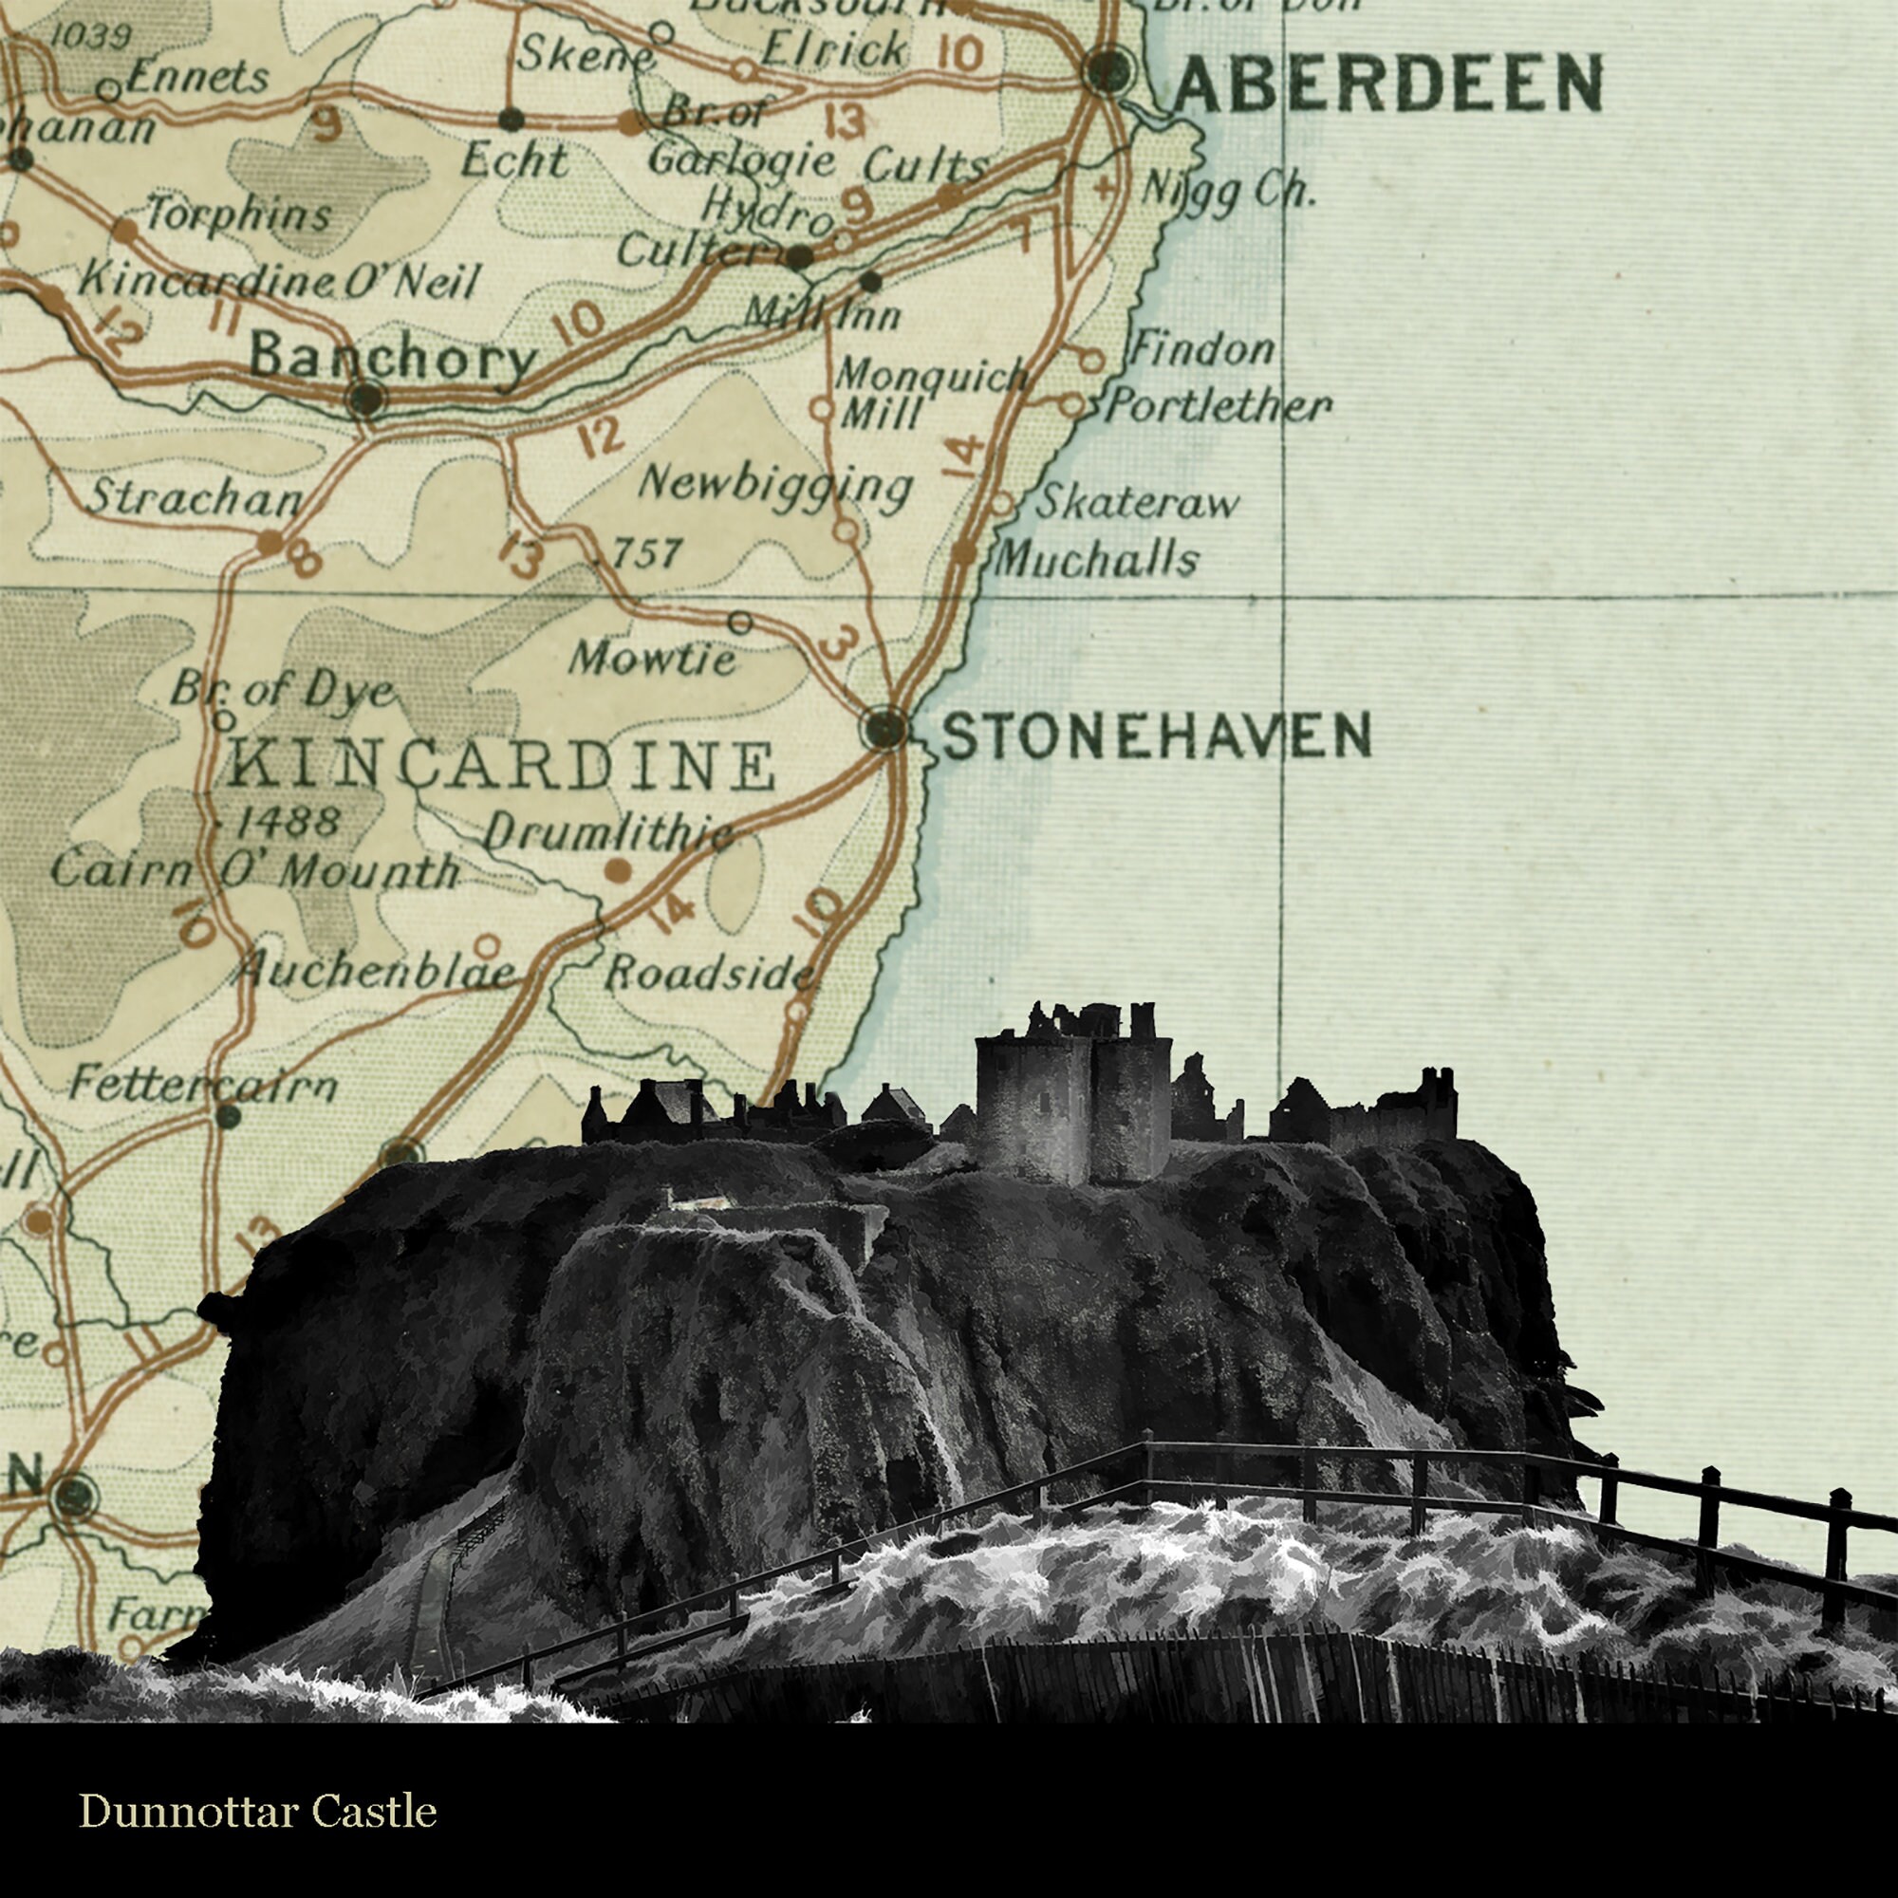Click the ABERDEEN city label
1388,84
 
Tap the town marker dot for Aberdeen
1107,71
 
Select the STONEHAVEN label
1156,735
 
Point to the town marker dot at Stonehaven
887,729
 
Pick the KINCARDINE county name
502,766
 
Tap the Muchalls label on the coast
1096,560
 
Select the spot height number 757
646,554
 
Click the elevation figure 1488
288,820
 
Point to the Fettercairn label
203,1085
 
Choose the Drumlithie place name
609,834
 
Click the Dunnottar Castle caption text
257,1811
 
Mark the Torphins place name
238,214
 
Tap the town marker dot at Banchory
366,398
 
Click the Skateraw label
1138,503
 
